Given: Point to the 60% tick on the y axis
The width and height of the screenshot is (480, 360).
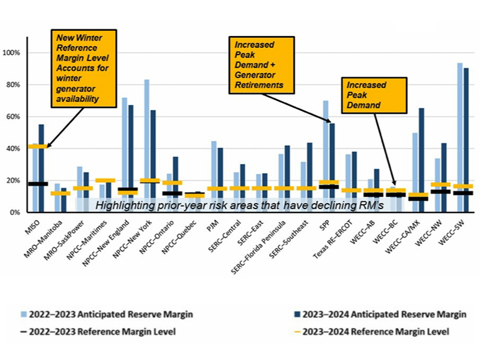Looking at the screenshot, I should pos(27,117).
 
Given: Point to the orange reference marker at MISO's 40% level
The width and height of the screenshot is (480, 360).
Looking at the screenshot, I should pos(37,146).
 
